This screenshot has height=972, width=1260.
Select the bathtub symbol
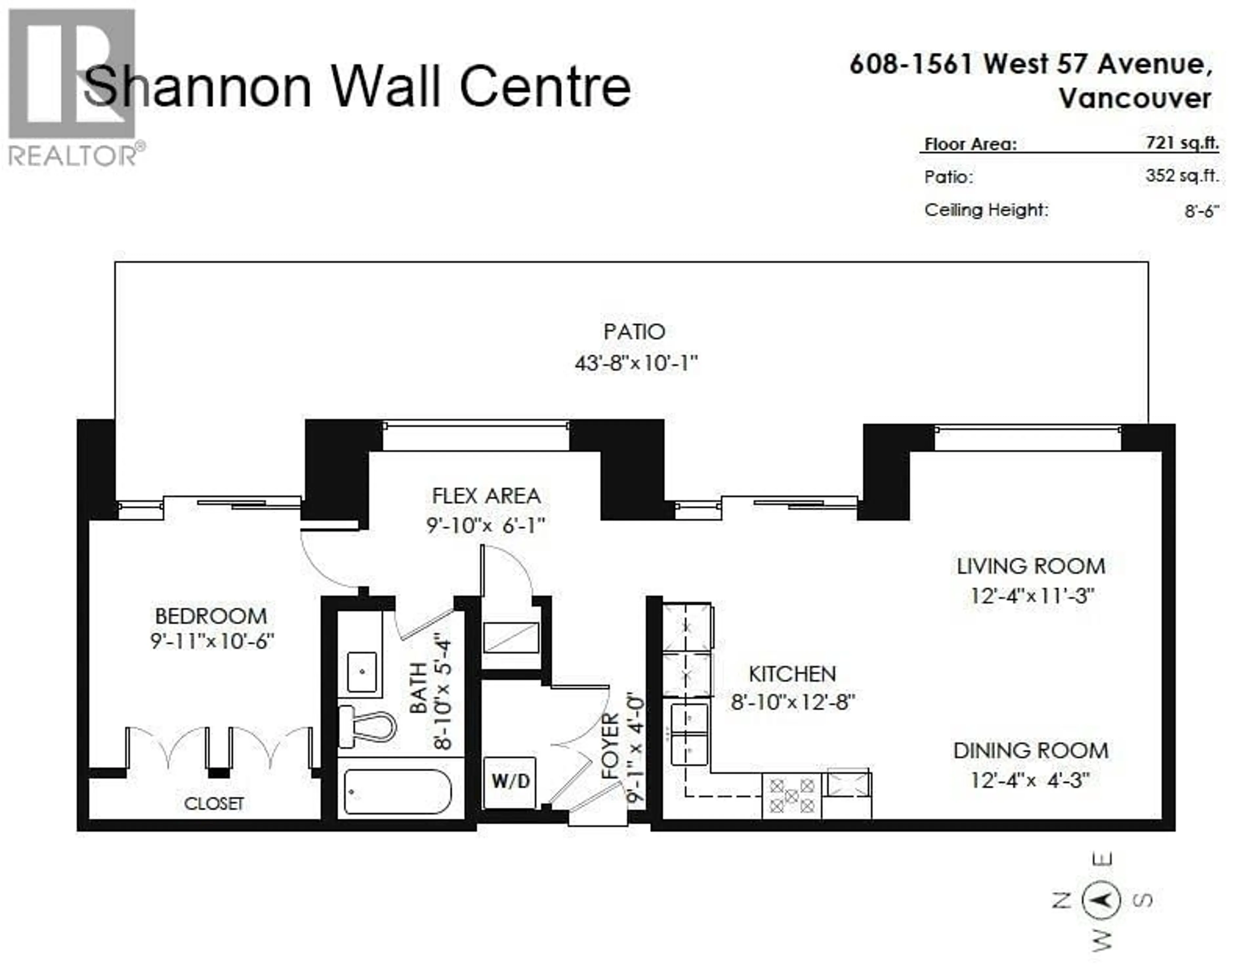(397, 792)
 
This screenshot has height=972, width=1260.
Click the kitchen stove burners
(791, 796)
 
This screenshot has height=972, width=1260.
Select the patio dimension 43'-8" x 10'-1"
(636, 363)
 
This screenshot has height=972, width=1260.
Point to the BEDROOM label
(211, 616)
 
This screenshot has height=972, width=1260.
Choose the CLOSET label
(214, 804)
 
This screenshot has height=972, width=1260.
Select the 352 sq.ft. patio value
(1182, 176)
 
